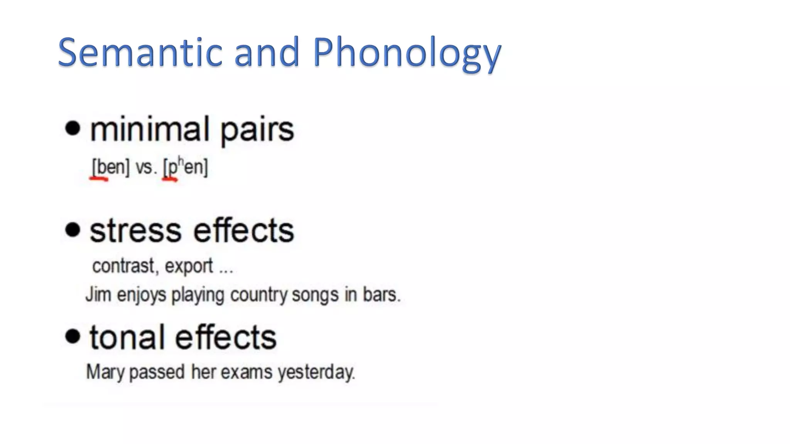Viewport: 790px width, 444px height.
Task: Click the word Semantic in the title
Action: point(140,52)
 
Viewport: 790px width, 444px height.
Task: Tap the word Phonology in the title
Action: point(407,54)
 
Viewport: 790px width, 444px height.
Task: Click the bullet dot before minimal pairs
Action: point(73,128)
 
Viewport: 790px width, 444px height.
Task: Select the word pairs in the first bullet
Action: point(257,130)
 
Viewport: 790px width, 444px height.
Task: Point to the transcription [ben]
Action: point(110,167)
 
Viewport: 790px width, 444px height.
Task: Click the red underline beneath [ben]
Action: point(99,178)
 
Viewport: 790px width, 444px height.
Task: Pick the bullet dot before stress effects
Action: point(73,230)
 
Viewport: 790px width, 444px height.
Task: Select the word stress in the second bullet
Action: point(135,231)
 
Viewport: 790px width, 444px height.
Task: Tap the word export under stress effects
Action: point(189,266)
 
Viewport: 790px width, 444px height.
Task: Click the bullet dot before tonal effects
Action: point(73,336)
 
